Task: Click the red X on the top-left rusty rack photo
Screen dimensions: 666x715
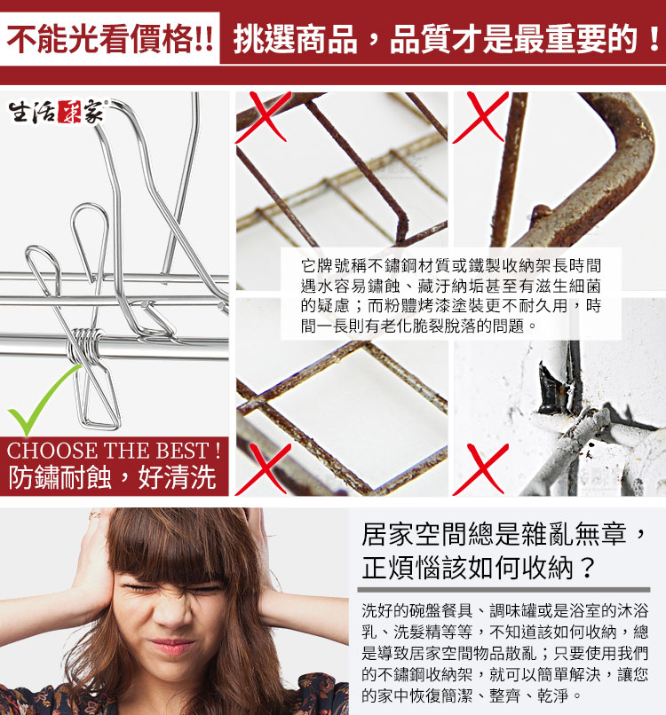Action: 264,117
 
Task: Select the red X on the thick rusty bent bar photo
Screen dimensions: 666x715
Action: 480,117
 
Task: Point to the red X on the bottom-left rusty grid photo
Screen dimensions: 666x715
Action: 264,469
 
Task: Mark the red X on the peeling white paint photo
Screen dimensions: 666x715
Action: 480,469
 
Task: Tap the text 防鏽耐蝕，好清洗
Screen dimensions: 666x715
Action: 112,477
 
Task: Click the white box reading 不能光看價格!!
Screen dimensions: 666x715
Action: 109,38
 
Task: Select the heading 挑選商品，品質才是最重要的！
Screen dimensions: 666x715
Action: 447,38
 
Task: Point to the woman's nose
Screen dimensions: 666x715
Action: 172,612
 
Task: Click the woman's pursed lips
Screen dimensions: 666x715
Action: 172,645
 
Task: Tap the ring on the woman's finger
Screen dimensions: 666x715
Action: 95,515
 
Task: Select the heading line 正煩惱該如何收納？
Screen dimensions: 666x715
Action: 479,568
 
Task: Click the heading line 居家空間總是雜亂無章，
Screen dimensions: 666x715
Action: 504,533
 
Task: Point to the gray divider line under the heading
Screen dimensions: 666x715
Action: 504,590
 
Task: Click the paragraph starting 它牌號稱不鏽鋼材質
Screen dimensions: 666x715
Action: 451,295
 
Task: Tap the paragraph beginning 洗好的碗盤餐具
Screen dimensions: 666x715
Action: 504,653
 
